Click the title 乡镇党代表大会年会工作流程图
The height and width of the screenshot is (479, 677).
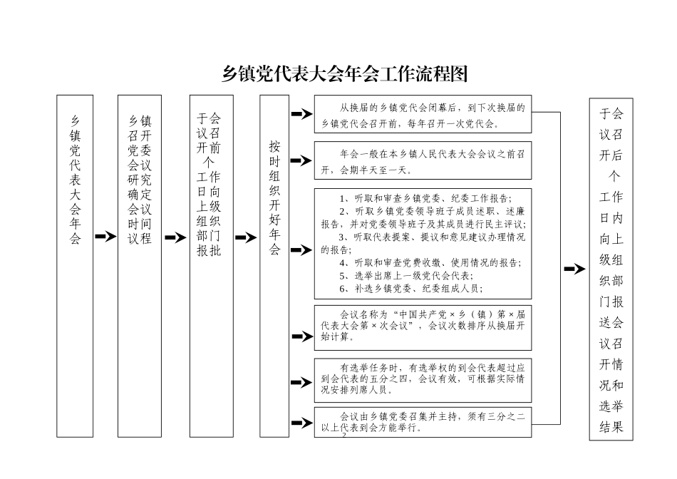344,73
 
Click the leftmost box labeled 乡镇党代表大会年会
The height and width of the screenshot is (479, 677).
75,265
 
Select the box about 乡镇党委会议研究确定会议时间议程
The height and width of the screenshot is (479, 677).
140,265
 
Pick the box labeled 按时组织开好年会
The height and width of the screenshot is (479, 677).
274,265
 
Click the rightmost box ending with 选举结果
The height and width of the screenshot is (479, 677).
611,269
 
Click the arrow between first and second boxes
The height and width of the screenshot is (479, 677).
105,237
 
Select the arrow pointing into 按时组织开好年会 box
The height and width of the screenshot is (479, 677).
246,237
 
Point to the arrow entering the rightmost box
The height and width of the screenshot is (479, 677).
574,269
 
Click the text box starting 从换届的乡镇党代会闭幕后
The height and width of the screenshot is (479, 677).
423,114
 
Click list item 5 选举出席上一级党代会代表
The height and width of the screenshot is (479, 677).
407,275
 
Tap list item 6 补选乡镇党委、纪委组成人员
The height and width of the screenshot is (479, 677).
411,288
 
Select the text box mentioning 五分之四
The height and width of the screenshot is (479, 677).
423,378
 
